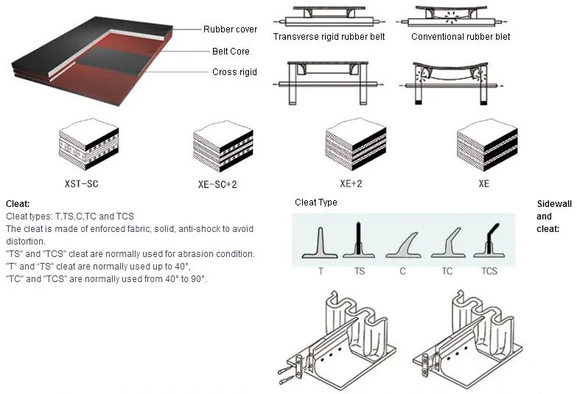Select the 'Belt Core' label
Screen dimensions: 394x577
coord(231,52)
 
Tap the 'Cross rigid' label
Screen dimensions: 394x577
coord(234,72)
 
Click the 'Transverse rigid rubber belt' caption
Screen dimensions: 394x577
coord(329,37)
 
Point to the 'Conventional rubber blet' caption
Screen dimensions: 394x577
coord(461,37)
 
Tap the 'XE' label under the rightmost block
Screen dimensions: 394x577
coord(483,185)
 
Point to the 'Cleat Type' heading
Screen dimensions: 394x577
coord(316,203)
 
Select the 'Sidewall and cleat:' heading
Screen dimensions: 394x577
coord(548,217)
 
